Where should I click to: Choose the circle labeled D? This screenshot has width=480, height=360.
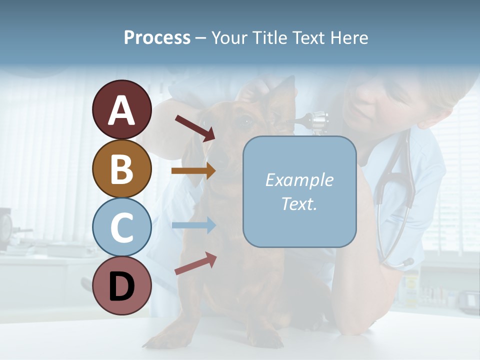121,286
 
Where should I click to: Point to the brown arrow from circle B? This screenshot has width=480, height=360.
193,171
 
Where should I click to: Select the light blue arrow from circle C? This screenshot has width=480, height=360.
193,225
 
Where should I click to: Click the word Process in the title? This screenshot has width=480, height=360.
157,37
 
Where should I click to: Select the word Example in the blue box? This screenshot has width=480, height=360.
299,180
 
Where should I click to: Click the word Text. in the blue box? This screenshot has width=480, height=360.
299,203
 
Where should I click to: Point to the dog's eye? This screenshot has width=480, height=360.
245,120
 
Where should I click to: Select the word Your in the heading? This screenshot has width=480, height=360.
228,37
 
